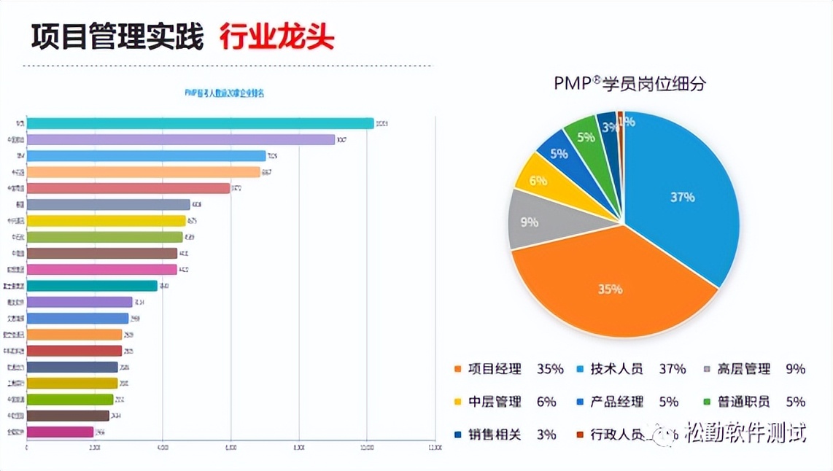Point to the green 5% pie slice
[586, 136]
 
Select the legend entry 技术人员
[616, 369]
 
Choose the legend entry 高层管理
[743, 369]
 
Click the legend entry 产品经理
[616, 402]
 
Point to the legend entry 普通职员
[743, 402]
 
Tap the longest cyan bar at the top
[200, 123]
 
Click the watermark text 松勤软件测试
[745, 433]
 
